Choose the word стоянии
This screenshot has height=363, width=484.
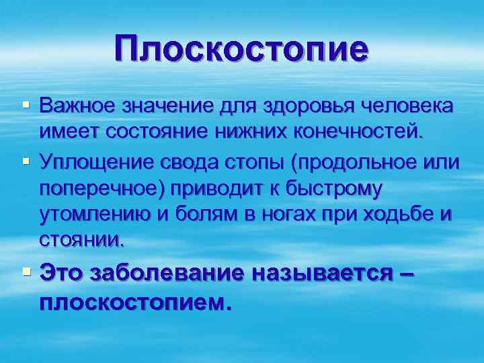[83, 238]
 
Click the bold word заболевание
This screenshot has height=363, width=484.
[170, 274]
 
